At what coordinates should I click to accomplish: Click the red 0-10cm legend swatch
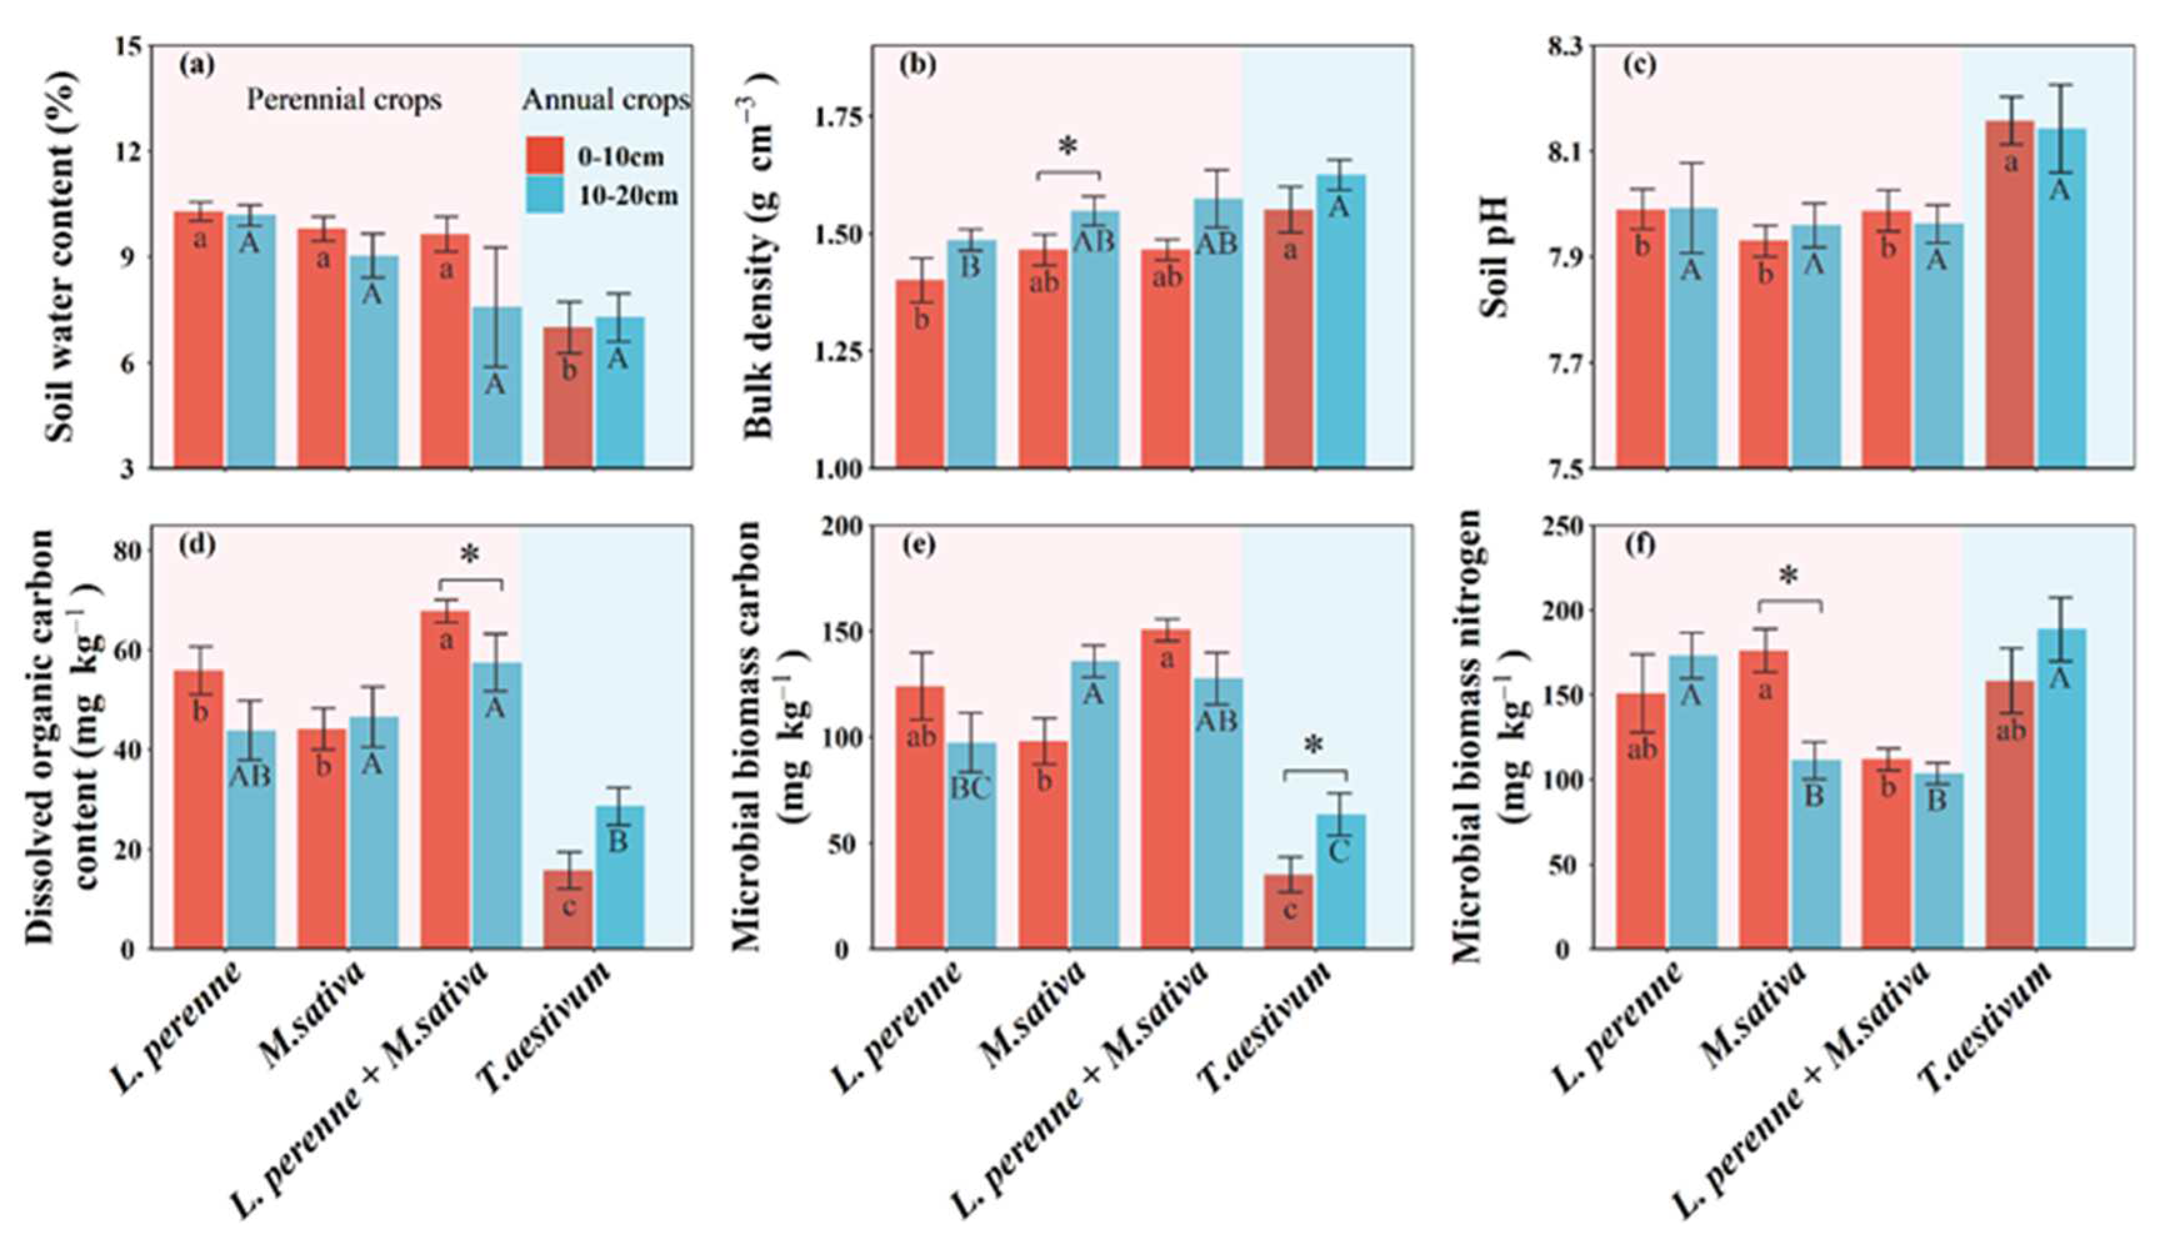[545, 156]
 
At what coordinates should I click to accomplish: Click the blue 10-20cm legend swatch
[545, 195]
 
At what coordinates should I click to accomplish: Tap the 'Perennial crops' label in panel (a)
[344, 100]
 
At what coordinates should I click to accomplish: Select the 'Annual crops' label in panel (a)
[606, 100]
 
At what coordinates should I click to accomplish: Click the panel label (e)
[917, 545]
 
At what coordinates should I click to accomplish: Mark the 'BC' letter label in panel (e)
[971, 788]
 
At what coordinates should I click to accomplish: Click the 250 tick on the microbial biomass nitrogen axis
[1564, 526]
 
